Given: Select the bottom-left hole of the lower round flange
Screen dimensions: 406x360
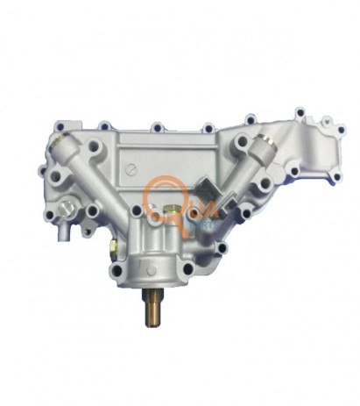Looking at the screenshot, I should tap(124, 264).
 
